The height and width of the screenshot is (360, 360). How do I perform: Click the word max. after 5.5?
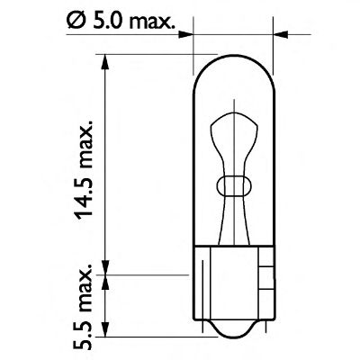tap(83, 289)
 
